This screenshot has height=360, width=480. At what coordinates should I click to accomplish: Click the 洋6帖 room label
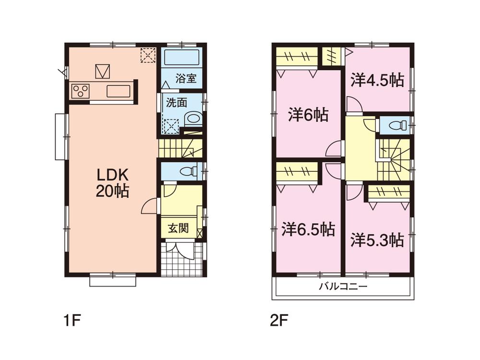[308, 115]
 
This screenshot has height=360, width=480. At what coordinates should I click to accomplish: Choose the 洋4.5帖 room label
[377, 80]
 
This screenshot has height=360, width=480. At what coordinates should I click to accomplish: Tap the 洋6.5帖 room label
[308, 229]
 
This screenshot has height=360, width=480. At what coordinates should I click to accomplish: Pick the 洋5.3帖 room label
[377, 240]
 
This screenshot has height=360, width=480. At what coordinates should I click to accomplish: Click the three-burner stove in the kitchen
[80, 91]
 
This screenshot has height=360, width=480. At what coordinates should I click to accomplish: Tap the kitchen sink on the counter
[119, 91]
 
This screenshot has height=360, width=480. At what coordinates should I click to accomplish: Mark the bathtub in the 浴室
[182, 58]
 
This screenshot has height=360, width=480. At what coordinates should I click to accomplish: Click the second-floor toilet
[396, 125]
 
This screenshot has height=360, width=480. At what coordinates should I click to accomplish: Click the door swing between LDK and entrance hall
[150, 206]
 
